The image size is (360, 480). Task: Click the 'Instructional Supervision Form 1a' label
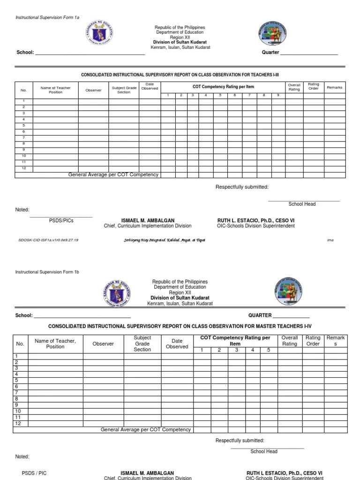click(47, 17)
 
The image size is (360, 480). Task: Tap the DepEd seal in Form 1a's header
click(100, 33)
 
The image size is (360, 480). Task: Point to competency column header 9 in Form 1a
click(277, 95)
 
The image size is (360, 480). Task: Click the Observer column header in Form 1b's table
click(103, 344)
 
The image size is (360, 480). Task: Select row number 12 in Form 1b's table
click(18, 423)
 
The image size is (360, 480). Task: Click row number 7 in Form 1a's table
click(23, 137)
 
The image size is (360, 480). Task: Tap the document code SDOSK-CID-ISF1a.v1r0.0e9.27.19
click(48, 240)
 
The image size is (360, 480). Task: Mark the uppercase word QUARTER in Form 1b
click(260, 315)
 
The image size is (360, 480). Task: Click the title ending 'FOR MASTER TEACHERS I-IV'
click(180, 326)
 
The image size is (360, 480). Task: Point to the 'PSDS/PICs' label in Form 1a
click(61, 220)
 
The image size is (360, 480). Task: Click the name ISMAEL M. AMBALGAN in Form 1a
click(148, 220)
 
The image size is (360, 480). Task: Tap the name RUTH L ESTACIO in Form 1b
click(285, 473)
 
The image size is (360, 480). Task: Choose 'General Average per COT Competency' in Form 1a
click(113, 175)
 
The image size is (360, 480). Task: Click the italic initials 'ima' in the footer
click(330, 240)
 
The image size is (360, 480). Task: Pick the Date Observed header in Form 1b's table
click(177, 344)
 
